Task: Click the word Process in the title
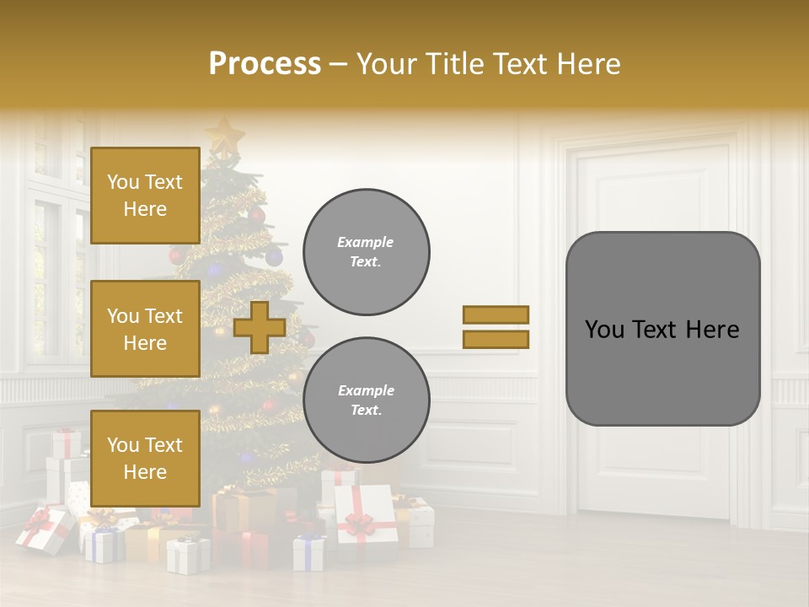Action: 265,64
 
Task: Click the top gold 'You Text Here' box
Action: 145,196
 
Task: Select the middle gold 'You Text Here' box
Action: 145,329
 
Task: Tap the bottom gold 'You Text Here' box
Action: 145,459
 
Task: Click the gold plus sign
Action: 260,327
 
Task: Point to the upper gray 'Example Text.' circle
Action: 366,252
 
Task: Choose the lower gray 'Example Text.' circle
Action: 366,400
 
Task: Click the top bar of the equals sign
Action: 496,314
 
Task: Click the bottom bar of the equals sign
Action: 496,339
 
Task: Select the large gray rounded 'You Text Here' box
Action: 662,329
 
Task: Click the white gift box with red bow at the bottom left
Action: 43,529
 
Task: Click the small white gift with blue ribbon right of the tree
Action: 308,552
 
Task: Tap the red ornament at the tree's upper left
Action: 176,255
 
